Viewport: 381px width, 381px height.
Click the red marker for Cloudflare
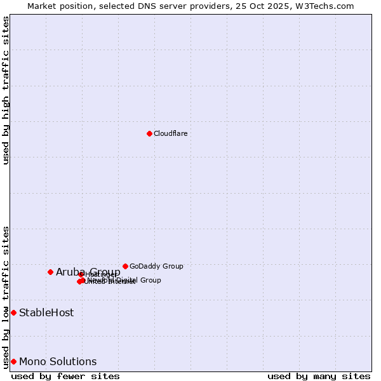click(x=149, y=133)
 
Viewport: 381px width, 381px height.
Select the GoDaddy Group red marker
click(x=125, y=266)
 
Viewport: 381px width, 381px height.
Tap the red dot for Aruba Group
click(x=50, y=272)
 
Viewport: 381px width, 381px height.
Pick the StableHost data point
click(x=13, y=312)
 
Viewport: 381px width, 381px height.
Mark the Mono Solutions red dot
click(x=13, y=361)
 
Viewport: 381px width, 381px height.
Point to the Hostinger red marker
click(x=81, y=274)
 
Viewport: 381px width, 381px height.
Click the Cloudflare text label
click(x=170, y=133)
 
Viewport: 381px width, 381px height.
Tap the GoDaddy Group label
click(x=156, y=266)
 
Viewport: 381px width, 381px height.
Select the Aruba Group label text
click(x=88, y=272)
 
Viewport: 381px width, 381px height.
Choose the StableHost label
click(x=46, y=312)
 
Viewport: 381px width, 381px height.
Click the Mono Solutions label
click(x=58, y=361)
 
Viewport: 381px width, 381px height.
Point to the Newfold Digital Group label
click(x=124, y=280)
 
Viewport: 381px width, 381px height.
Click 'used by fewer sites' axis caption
click(x=65, y=376)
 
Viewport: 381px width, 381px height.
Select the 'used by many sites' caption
click(x=319, y=376)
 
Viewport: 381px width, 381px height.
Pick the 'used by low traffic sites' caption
click(x=6, y=297)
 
